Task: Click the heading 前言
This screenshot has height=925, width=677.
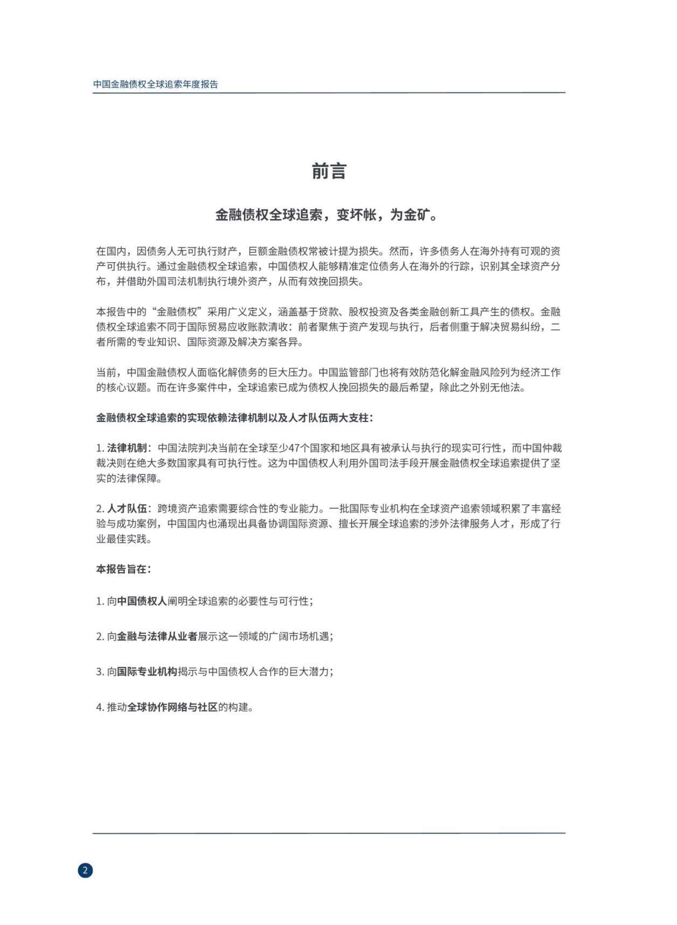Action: pos(329,171)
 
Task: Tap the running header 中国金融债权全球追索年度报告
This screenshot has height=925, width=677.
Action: pos(156,85)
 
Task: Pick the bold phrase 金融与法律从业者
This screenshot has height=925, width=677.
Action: pos(157,637)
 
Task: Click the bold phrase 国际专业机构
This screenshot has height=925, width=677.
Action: pos(147,672)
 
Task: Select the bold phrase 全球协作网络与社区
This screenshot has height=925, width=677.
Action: pos(172,707)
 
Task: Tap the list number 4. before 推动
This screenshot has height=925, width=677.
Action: pos(101,708)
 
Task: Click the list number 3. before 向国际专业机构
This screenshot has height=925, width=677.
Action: pos(101,672)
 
